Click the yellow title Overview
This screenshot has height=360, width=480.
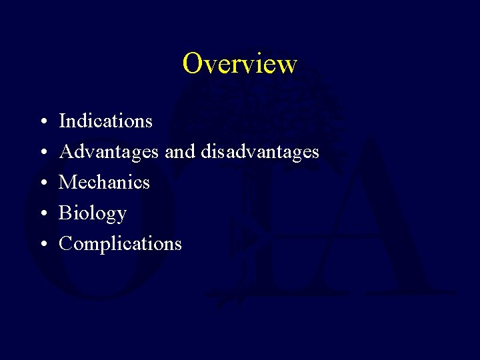[x=239, y=63]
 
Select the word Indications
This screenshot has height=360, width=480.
[x=105, y=121]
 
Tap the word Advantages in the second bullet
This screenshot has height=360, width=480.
[x=109, y=152]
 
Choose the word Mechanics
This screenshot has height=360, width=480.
[x=104, y=182]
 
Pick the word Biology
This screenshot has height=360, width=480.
[x=93, y=213]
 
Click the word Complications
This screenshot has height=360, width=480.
[x=120, y=244]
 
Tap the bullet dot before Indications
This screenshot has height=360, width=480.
[x=42, y=123]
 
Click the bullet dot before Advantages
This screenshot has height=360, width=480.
[x=42, y=153]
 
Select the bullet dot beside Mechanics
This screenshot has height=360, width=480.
[x=42, y=183]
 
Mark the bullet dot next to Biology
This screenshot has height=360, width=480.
[x=42, y=214]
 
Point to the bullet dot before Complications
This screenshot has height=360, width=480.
[x=42, y=245]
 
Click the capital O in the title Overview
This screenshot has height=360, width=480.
[x=193, y=63]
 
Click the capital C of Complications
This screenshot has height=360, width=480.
[x=66, y=244]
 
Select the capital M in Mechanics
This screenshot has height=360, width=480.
[x=68, y=182]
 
